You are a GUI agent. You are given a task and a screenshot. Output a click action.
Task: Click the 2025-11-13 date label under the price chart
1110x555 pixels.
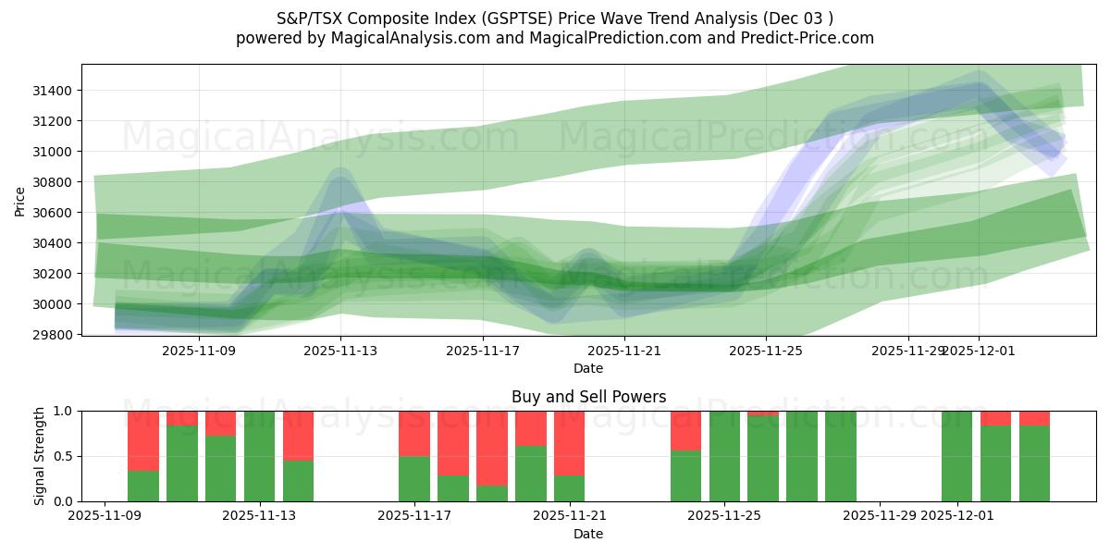pyautogui.click(x=340, y=351)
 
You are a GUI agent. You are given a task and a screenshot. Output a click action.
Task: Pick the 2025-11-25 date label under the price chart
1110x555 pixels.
pyautogui.click(x=766, y=351)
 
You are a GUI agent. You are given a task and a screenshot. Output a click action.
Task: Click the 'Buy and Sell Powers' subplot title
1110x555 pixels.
pyautogui.click(x=588, y=397)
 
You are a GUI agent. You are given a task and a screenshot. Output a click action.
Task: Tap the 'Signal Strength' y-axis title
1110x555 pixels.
pyautogui.click(x=39, y=456)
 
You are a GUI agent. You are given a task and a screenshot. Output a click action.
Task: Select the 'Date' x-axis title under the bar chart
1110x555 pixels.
pyautogui.click(x=588, y=534)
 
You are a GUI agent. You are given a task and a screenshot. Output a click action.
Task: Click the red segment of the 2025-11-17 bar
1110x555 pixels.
pyautogui.click(x=414, y=433)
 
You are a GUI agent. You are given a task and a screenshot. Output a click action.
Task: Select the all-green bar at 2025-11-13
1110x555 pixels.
pyautogui.click(x=260, y=456)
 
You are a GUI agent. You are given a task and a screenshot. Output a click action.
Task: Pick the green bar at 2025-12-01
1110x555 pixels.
pyautogui.click(x=956, y=456)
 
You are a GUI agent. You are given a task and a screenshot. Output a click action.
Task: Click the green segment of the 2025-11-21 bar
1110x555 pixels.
pyautogui.click(x=570, y=488)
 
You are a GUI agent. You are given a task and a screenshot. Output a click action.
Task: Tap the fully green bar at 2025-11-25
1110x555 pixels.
pyautogui.click(x=724, y=456)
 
